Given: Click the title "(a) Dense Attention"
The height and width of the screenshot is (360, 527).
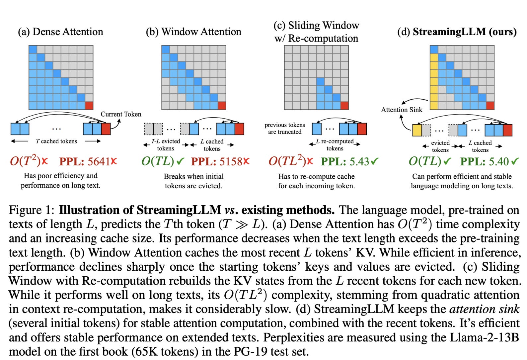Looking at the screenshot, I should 60,32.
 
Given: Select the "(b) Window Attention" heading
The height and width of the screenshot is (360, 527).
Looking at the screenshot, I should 193,32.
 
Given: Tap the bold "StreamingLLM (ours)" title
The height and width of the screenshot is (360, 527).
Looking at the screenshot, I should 464,32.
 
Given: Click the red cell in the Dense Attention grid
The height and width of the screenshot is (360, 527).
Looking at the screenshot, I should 89,106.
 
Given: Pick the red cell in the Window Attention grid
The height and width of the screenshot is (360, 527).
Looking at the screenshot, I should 222,106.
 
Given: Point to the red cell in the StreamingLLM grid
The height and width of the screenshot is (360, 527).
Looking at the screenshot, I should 490,106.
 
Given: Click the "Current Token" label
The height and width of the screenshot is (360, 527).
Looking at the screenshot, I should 121,114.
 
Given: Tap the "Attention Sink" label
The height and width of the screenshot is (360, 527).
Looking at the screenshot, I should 402,110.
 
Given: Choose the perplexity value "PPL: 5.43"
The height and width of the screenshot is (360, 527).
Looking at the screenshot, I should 345,161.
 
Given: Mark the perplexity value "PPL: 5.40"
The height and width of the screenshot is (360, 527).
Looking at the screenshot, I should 485,161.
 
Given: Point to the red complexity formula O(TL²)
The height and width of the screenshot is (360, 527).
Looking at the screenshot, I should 287,161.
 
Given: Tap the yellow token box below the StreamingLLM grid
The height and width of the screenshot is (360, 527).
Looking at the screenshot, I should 417,130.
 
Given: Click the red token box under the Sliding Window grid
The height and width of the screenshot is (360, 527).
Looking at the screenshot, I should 362,129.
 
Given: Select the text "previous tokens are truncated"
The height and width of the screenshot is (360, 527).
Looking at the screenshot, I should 285,128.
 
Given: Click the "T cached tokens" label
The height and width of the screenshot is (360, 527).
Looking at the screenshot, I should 56,141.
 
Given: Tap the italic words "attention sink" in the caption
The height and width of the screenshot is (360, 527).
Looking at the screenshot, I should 484,309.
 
